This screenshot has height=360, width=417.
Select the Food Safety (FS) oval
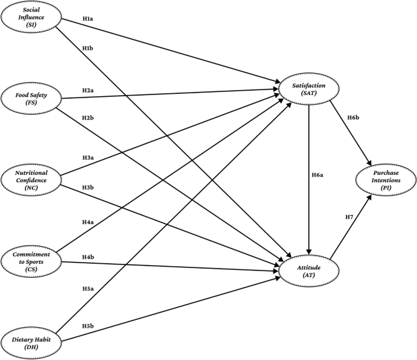30,99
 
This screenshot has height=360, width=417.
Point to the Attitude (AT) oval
308,272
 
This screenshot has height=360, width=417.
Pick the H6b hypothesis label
352,117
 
